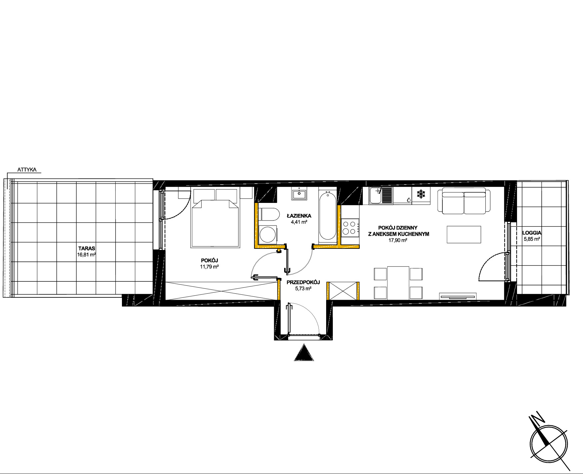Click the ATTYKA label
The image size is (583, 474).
(x=27, y=170)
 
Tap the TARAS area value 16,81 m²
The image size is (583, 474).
(x=86, y=255)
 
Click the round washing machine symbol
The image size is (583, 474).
(x=268, y=234)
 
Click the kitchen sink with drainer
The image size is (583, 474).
(x=380, y=195)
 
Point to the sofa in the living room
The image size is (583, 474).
(x=464, y=201)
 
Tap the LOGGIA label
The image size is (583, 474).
(x=532, y=233)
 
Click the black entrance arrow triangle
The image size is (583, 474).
(x=304, y=353)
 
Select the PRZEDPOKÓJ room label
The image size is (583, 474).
(x=303, y=282)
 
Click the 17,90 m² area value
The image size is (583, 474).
(x=398, y=240)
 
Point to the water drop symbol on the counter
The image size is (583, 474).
(x=409, y=200)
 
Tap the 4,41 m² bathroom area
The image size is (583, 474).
(x=299, y=222)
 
